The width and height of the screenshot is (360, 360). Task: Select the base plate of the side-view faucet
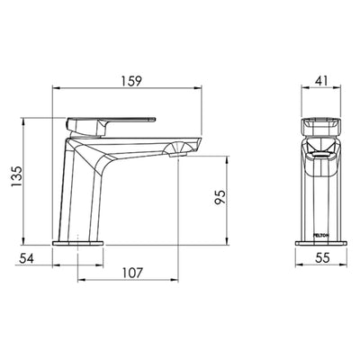[x=80, y=242]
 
